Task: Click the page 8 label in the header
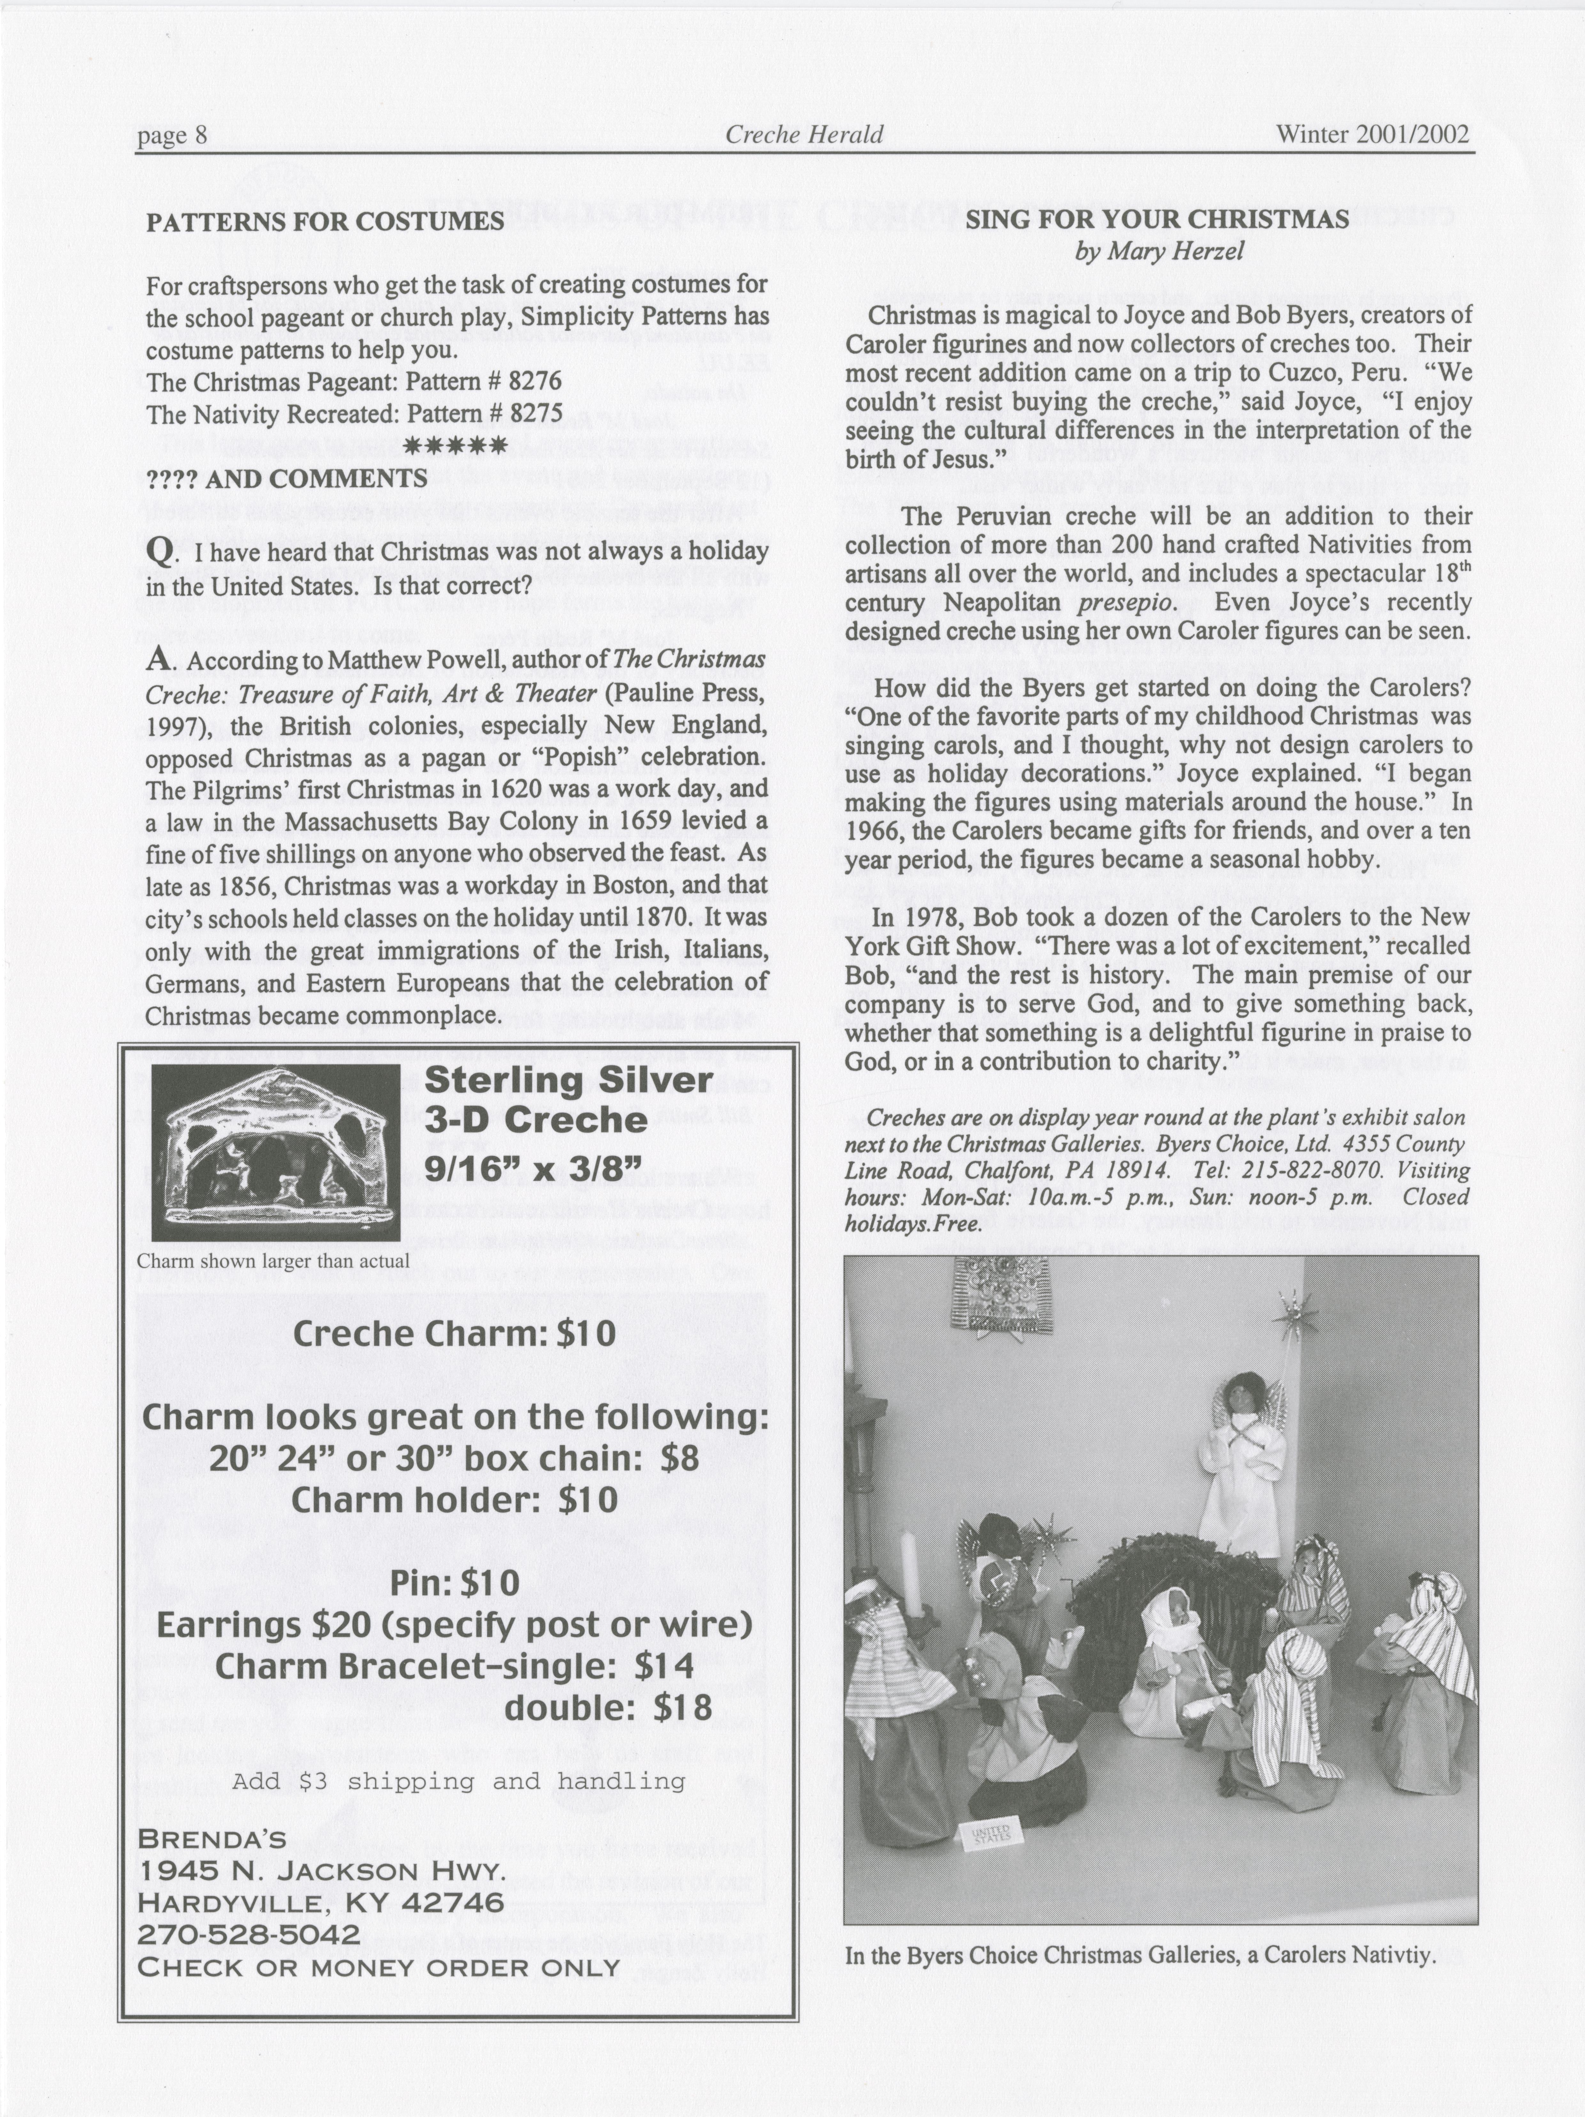172,135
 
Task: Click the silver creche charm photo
276,1151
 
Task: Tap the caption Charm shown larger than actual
274,1261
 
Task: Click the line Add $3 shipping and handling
458,1781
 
